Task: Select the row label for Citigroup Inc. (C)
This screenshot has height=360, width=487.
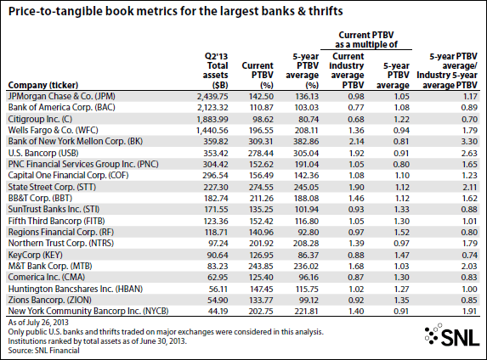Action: click(x=40, y=119)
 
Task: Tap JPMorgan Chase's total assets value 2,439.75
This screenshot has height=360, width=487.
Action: click(x=212, y=97)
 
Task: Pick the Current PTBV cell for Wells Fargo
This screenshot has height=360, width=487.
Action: click(x=261, y=131)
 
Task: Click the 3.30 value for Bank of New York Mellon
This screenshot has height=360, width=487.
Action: click(x=469, y=142)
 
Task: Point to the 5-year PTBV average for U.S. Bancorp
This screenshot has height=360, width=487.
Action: click(x=307, y=154)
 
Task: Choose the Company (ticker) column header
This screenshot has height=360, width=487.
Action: click(x=43, y=85)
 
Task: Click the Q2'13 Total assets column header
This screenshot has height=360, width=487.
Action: click(x=216, y=70)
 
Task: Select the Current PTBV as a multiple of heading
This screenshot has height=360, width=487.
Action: click(x=366, y=40)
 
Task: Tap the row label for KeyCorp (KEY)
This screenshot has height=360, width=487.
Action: click(x=36, y=255)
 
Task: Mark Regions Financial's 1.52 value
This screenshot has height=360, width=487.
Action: click(x=401, y=233)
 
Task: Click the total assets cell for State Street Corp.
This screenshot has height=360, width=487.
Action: click(x=216, y=188)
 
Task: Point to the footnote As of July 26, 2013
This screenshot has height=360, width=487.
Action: click(x=38, y=323)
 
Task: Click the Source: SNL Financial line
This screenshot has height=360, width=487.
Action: click(x=44, y=351)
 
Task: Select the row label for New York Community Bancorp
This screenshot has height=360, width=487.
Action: click(x=88, y=311)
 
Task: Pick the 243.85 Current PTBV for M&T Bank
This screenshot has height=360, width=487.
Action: click(x=261, y=267)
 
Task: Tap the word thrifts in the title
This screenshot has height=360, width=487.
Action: click(x=326, y=11)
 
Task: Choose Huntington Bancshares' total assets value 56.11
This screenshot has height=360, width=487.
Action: click(x=218, y=290)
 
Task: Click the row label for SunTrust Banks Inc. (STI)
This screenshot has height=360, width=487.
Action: click(x=54, y=209)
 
